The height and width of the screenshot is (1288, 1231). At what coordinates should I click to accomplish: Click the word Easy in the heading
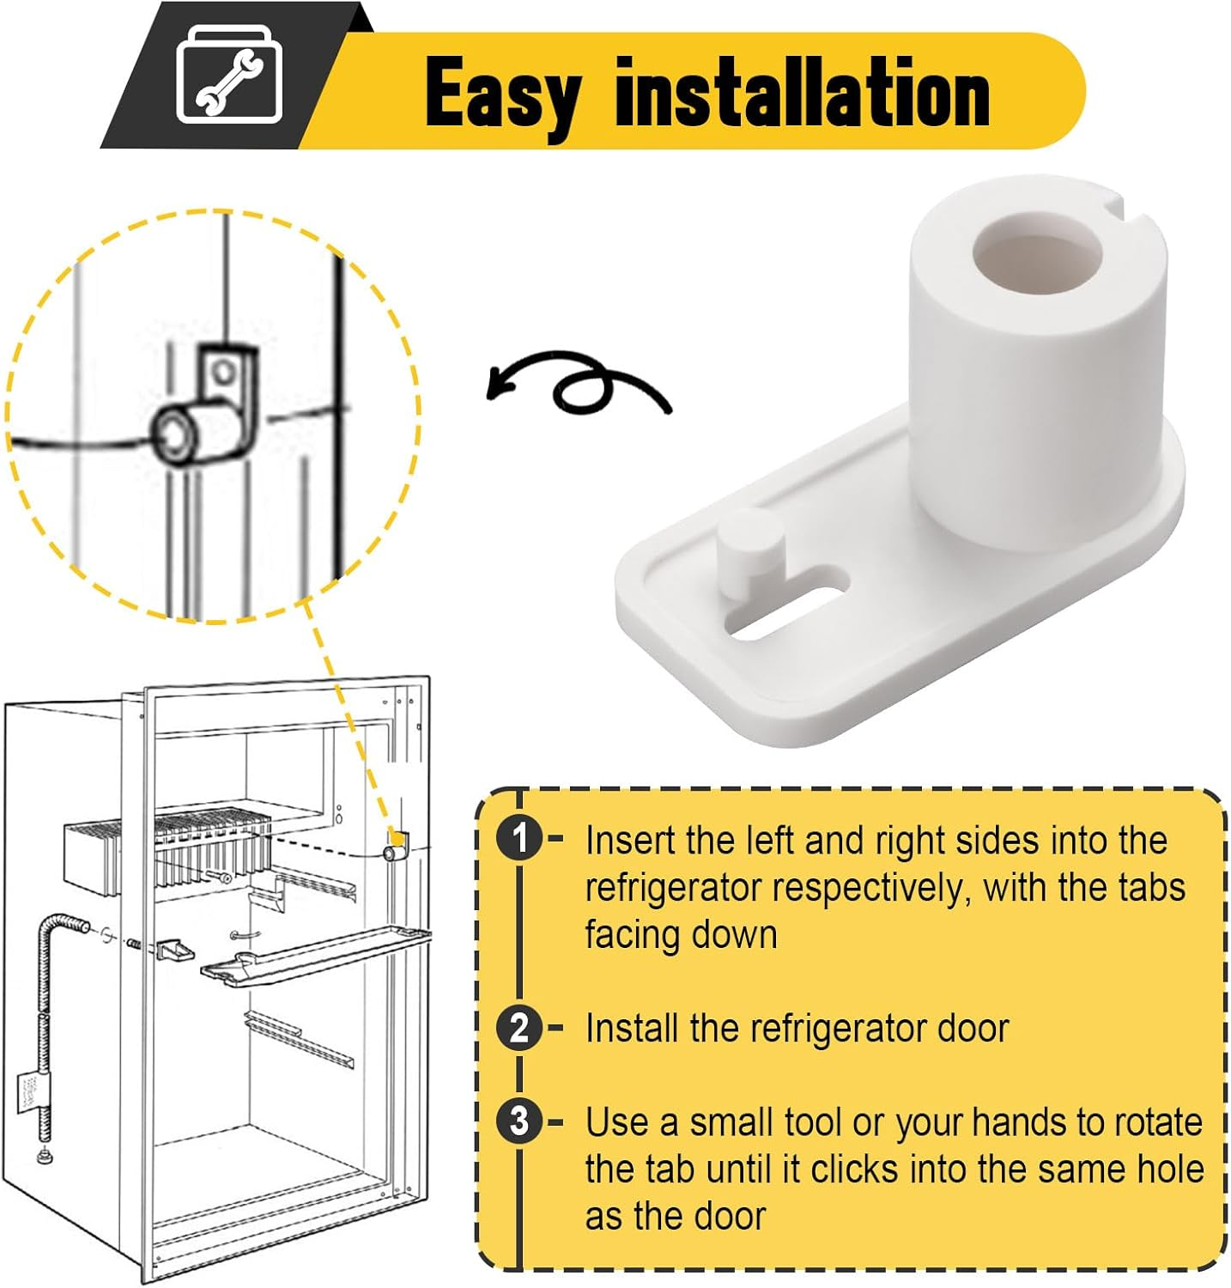pos(502,94)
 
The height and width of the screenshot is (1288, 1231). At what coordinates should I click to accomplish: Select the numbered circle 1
pos(519,838)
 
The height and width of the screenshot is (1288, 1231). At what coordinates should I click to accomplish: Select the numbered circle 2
pos(519,1027)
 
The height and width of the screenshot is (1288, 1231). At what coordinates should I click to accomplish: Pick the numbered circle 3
pos(519,1121)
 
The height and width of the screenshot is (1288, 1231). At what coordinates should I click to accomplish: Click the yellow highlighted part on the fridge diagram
pos(397,837)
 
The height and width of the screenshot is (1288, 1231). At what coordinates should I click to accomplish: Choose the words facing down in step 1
pos(682,935)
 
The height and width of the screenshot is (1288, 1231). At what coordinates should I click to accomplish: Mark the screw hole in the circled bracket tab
pos(223,373)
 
